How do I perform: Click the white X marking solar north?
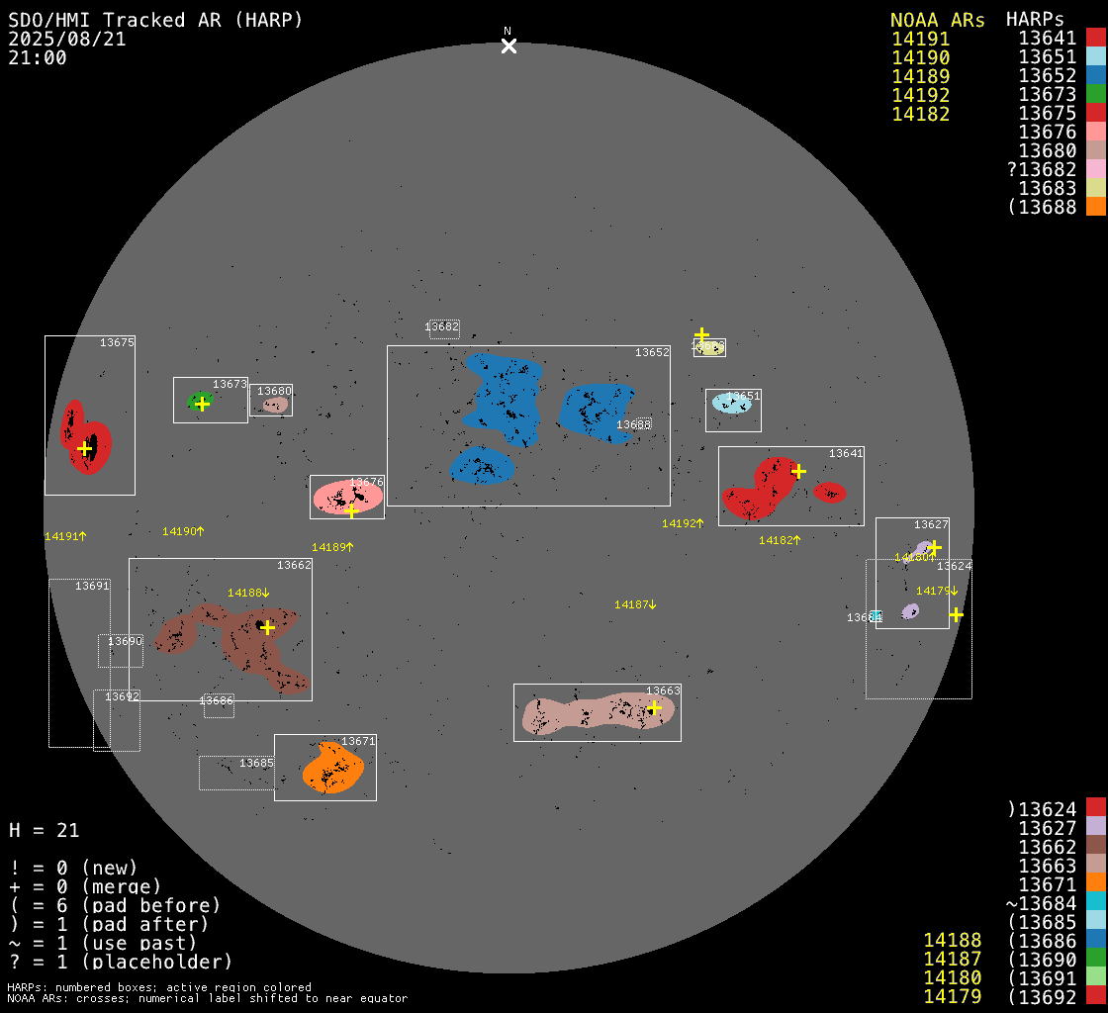click(x=508, y=46)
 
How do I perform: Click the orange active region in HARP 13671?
click(x=333, y=769)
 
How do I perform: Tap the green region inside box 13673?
click(x=200, y=401)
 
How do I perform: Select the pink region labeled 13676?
click(x=346, y=497)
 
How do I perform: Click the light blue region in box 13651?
click(x=732, y=403)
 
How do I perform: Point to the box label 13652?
click(x=652, y=352)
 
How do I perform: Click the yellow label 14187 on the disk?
click(x=634, y=604)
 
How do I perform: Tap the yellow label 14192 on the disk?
click(x=682, y=523)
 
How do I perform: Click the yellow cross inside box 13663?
click(x=654, y=707)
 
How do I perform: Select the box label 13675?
click(x=117, y=342)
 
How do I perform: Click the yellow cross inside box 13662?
click(x=267, y=627)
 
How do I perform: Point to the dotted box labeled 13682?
click(x=443, y=327)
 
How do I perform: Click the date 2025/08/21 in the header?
click(x=67, y=40)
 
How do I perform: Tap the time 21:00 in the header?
click(x=38, y=58)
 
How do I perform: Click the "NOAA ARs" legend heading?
click(x=937, y=20)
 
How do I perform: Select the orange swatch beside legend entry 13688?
click(x=1095, y=207)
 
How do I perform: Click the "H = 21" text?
click(x=45, y=830)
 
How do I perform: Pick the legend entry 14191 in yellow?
click(x=920, y=40)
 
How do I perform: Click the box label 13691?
click(x=92, y=586)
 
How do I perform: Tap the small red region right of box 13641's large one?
click(x=830, y=492)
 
